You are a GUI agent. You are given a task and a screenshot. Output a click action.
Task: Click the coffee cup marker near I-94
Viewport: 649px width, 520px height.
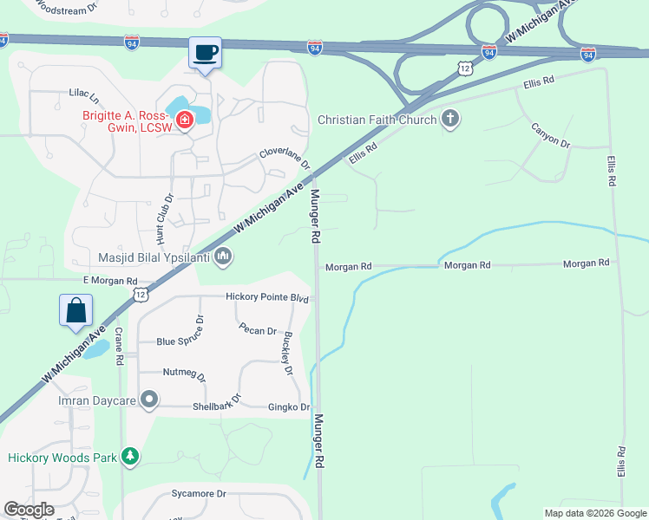coord(205,53)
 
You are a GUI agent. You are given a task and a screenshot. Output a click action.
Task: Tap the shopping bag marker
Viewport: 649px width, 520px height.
coord(75,310)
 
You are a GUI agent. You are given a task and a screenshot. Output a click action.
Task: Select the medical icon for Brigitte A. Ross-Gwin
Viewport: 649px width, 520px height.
coord(184,120)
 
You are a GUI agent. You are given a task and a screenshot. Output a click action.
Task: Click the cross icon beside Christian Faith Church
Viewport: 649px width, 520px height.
coord(449,119)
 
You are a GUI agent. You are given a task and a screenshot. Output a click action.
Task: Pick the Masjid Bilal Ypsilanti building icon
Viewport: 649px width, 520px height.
coord(223,256)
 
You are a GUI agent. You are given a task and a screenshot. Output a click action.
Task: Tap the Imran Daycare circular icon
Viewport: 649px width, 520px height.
coord(149,400)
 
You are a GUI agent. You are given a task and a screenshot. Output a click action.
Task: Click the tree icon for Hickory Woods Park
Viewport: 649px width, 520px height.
coord(130,456)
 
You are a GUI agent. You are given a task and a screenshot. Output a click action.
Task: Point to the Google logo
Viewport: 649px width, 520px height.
coord(29,510)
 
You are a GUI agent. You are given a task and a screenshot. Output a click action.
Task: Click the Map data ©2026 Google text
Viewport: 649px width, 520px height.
coord(594,513)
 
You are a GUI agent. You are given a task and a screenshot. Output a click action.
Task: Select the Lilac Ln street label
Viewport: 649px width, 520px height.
coord(84,92)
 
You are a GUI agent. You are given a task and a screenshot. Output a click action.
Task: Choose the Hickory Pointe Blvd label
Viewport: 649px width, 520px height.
coord(267,297)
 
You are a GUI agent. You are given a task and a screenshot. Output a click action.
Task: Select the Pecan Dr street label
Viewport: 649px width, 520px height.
coord(258,331)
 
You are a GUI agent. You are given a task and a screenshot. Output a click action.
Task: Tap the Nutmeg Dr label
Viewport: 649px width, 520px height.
coord(185,374)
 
